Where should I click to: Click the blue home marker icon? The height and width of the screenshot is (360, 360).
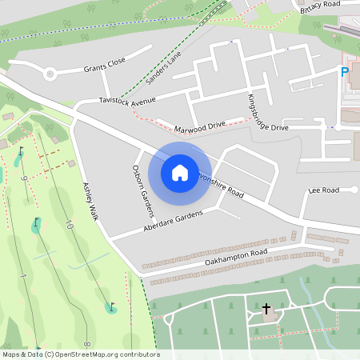(x=179, y=172)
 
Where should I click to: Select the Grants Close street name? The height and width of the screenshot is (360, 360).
(x=105, y=66)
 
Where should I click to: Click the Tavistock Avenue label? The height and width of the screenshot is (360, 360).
(x=126, y=100)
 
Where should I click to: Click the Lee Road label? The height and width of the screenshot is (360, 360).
(x=324, y=190)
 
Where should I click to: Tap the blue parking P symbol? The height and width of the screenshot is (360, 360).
(x=345, y=73)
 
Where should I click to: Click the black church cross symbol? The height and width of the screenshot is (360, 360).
(x=266, y=307)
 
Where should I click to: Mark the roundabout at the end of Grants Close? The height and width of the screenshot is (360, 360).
(x=50, y=75)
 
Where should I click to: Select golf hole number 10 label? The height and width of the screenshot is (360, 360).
(x=69, y=226)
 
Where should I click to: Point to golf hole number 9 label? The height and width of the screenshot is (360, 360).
(x=25, y=178)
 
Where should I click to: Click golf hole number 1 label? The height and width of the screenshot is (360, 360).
(x=24, y=276)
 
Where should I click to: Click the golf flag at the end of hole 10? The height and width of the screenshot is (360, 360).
(x=110, y=306)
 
